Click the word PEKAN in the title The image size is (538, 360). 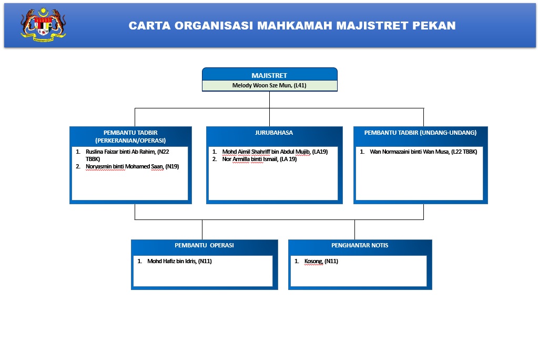click(x=435, y=25)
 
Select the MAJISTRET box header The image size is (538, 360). click(x=269, y=75)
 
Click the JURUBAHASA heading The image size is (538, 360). click(x=273, y=133)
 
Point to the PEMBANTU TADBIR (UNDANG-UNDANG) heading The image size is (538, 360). click(x=420, y=133)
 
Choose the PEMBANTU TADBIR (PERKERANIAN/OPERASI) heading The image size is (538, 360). click(x=130, y=136)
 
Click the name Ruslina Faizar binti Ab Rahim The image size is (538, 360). click(x=120, y=152)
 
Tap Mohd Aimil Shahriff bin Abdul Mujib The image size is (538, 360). click(x=266, y=152)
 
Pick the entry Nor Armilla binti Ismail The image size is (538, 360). click(x=250, y=159)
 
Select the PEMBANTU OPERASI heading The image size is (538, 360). click(x=204, y=245)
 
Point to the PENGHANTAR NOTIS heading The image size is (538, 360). click(x=360, y=245)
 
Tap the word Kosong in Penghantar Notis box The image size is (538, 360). click(x=313, y=261)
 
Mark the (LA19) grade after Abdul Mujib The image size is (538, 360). click(x=320, y=152)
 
